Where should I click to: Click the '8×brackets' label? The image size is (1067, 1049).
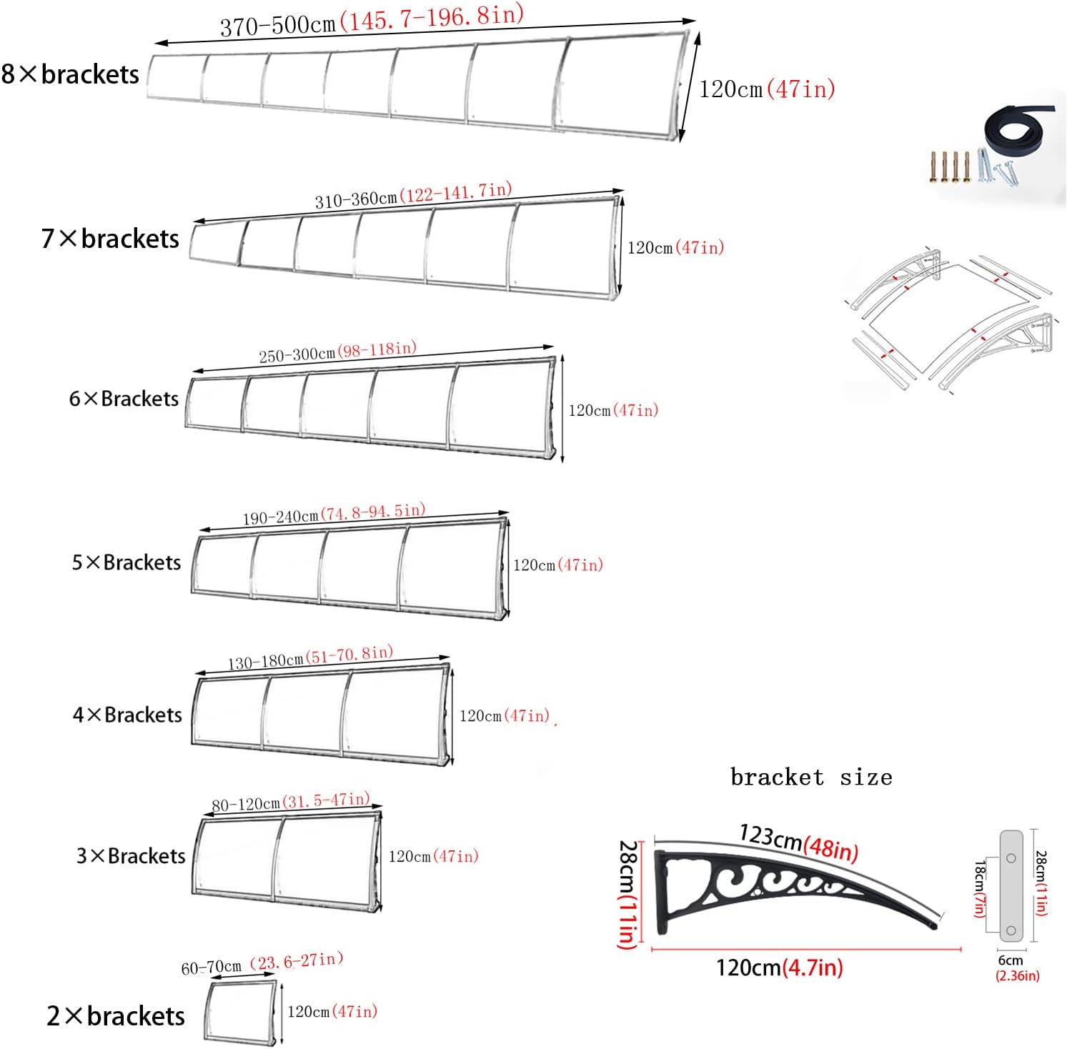point(70,74)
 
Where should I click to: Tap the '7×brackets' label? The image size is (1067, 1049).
point(110,239)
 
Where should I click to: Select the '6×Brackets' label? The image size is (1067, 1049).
point(124,399)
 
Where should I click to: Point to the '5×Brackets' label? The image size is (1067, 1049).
point(126,562)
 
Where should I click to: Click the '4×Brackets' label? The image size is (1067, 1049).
point(128,715)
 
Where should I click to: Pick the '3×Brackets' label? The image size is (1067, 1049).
point(131,856)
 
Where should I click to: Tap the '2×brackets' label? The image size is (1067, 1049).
point(116,1016)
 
